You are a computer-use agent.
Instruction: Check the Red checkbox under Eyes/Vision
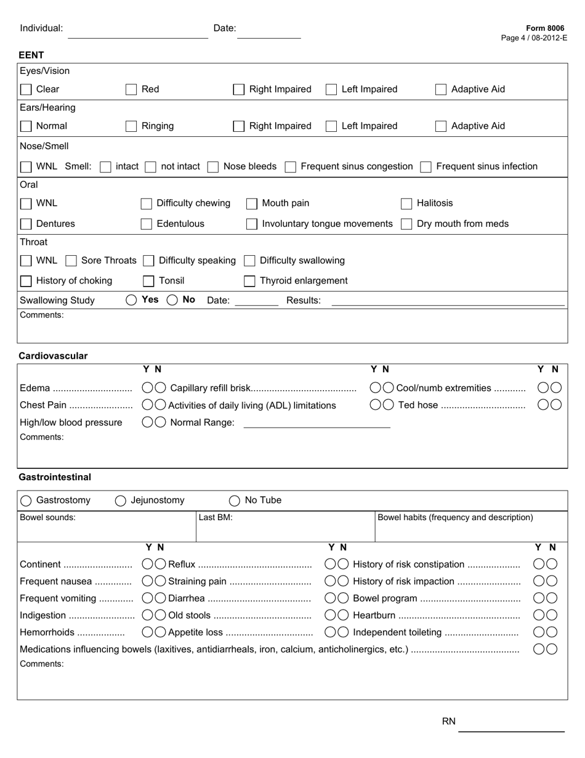(x=131, y=89)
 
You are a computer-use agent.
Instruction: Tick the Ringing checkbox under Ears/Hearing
(x=131, y=126)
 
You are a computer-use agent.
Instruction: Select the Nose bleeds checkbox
(x=213, y=167)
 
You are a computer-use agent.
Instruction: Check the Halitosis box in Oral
(x=406, y=204)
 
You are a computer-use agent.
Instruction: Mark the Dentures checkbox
(x=26, y=224)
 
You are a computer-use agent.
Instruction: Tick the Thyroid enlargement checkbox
(x=249, y=282)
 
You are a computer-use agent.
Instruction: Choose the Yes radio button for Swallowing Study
(x=131, y=300)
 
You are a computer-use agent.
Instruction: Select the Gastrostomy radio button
(x=26, y=501)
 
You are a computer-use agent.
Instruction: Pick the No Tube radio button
(x=235, y=501)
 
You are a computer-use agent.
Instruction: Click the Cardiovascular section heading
(x=53, y=356)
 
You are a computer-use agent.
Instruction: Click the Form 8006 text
(x=544, y=28)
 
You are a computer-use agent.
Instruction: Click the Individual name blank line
(x=137, y=34)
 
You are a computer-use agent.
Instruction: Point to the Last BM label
(x=216, y=518)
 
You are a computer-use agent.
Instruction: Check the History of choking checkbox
(x=26, y=282)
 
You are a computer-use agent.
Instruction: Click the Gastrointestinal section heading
(x=55, y=478)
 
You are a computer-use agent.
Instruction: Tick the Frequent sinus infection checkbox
(x=426, y=167)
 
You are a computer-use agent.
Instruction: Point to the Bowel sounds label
(x=47, y=518)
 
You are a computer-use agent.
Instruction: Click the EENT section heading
(x=31, y=55)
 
